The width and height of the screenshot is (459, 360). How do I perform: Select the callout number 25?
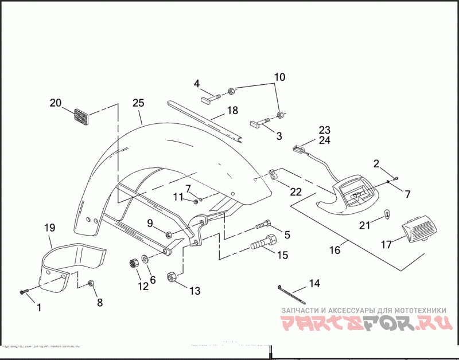pos(138,103)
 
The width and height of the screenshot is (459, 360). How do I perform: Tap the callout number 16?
pos(335,251)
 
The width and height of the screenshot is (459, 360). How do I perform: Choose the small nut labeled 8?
pos(91,283)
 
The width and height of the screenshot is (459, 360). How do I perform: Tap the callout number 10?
pos(279,77)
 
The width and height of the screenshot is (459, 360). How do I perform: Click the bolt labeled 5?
pos(266,223)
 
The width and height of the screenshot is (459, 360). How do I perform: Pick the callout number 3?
pos(279,136)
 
